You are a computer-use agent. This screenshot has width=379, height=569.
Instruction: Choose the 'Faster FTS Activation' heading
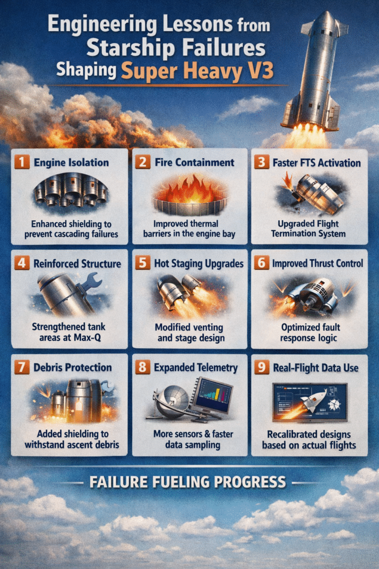pos(316,163)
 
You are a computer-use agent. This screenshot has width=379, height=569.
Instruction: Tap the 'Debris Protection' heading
pos(72,367)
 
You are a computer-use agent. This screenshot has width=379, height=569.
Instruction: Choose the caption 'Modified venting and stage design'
pos(189,332)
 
